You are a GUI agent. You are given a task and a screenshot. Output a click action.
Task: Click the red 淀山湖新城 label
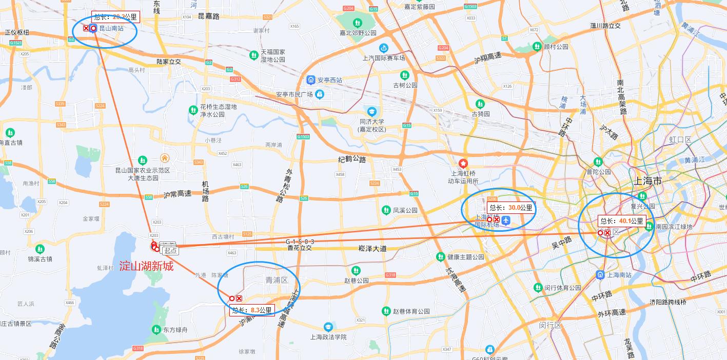coord(146,266)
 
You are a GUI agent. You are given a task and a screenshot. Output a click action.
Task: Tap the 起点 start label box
coord(170,250)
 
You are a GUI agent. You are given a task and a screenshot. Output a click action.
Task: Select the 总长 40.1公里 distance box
coord(621,221)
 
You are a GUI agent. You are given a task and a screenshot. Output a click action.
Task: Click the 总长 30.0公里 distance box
coord(510,208)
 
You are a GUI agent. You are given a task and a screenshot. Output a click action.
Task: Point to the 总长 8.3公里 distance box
coord(252,310)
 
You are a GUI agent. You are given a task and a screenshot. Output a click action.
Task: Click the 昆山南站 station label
coord(111,29)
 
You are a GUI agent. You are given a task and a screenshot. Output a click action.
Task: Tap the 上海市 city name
coord(647,181)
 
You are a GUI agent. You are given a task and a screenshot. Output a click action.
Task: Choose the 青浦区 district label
coord(277,279)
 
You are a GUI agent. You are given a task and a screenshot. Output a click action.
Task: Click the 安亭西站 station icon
coord(311,80)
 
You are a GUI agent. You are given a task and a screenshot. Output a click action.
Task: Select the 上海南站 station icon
coord(600,275)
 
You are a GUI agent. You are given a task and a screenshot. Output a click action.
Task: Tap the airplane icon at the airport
coord(506,221)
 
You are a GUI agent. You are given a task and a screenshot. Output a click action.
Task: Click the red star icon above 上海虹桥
coord(463,164)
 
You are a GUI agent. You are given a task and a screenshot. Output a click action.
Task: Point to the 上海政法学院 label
coord(328,337)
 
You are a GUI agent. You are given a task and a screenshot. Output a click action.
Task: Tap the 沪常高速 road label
coord(177,194)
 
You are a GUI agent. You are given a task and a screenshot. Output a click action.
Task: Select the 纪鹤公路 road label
coord(352,159)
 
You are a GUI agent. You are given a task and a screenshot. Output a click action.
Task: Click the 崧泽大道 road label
coord(372,249)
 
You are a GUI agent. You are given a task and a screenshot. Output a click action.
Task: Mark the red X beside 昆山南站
coord(86,29)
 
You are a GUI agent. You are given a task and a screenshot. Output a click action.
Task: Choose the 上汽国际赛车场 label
coord(384,58)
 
